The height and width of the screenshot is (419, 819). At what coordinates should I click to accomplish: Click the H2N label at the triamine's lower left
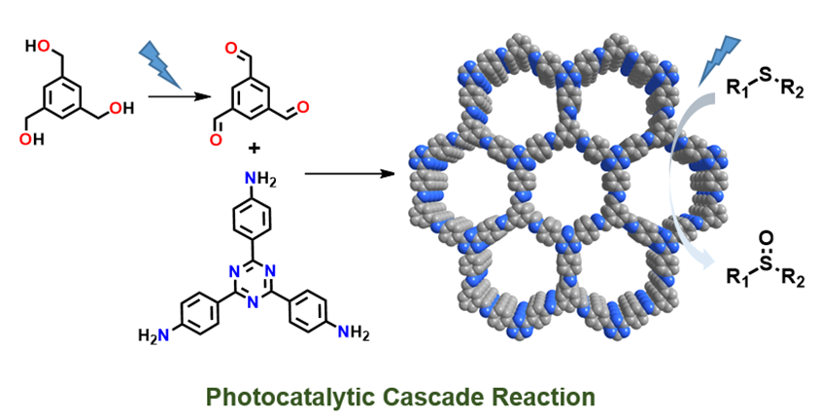point(153,335)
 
